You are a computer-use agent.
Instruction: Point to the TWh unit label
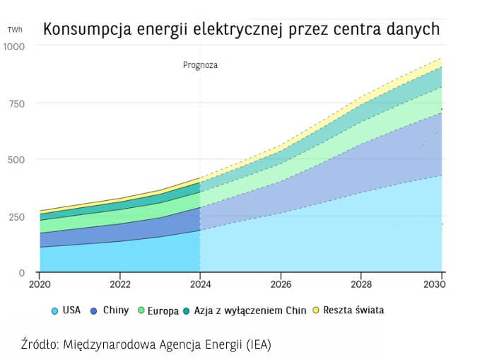click(14, 30)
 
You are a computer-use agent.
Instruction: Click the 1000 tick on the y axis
click(13, 47)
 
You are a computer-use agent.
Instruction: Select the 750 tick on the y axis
click(16, 103)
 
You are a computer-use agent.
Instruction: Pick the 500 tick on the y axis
click(16, 159)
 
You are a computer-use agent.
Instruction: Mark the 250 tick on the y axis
click(16, 216)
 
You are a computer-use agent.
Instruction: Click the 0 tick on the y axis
click(22, 273)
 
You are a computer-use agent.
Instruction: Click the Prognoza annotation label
click(201, 65)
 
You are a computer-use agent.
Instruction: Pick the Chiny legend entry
click(115, 310)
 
